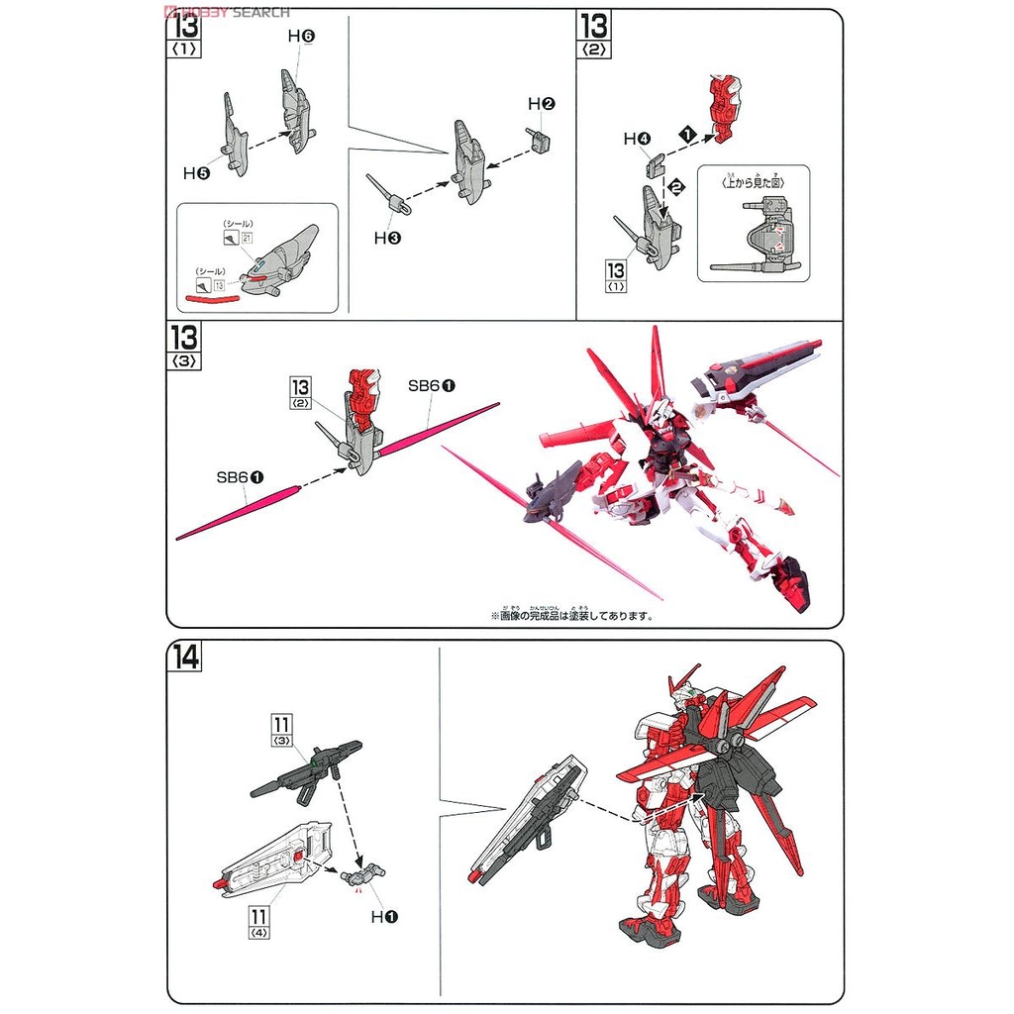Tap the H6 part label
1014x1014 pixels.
coord(301,36)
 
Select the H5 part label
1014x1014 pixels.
coord(196,172)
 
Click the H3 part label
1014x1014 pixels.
coord(386,238)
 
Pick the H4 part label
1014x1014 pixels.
coord(637,140)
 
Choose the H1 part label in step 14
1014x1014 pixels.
coord(384,917)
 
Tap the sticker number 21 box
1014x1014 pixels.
coord(248,239)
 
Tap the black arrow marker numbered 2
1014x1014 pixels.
coord(676,184)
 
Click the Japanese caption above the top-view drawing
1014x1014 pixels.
coord(753,179)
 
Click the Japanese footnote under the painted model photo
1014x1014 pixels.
coord(571,614)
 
